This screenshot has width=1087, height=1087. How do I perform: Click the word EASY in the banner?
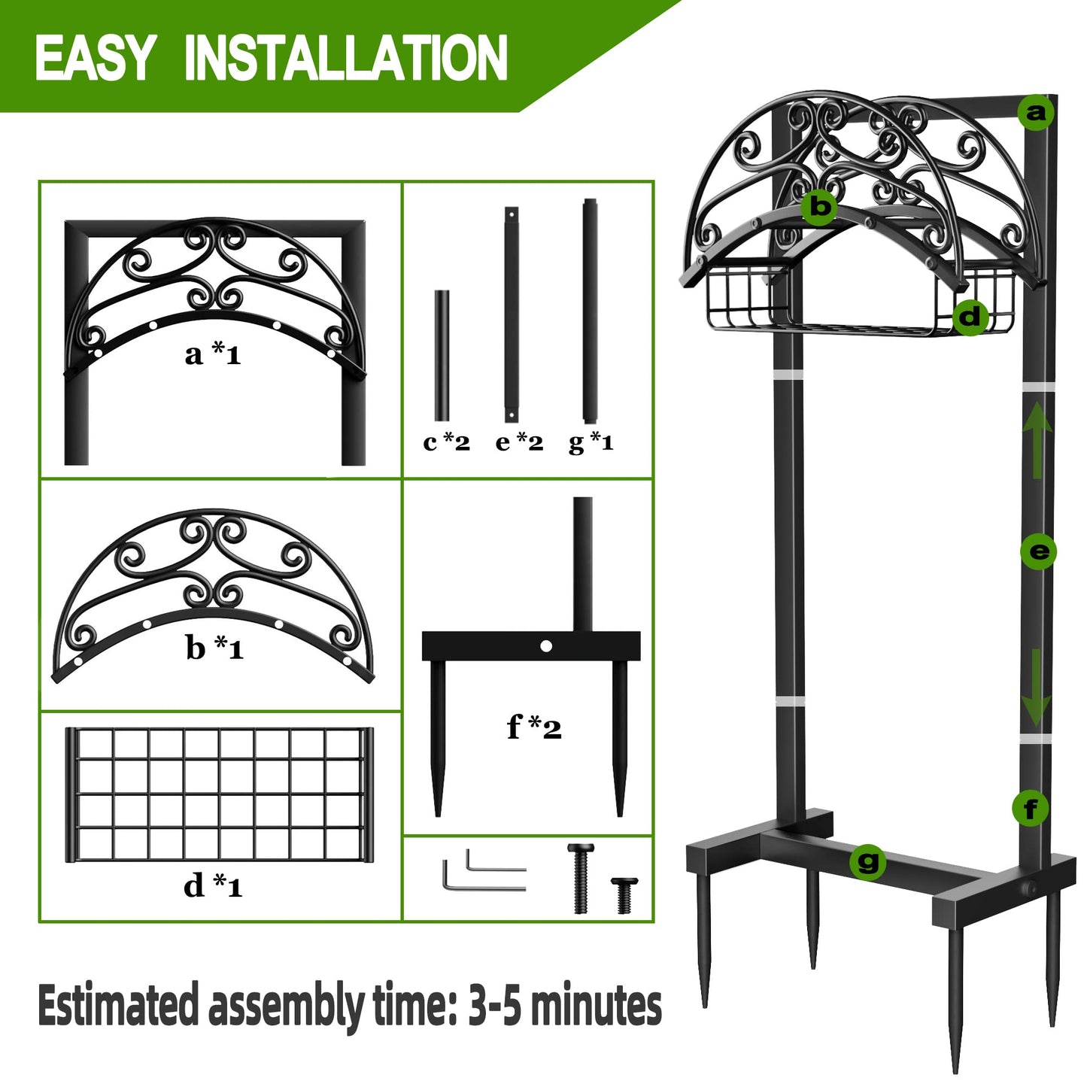94,58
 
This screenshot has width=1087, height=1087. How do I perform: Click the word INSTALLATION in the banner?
345,58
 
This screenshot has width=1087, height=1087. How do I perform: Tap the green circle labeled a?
1036,113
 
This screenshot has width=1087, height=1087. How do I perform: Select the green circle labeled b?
820,205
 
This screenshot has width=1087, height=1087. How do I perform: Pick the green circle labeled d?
970,317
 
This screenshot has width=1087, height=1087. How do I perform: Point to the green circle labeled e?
1039,551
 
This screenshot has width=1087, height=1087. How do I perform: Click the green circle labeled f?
1031,809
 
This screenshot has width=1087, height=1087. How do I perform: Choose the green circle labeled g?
868,861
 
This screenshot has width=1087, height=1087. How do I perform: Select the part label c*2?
446,442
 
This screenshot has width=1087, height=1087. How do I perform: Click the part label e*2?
519,442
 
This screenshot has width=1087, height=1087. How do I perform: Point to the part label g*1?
591,442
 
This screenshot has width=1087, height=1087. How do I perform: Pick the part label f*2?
534,727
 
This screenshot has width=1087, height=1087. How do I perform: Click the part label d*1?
213,885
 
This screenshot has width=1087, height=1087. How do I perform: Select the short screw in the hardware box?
624,894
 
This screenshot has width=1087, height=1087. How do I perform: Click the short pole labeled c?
442,355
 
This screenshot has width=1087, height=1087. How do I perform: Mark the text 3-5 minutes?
564,1006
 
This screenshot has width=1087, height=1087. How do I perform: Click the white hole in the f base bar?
546,646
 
